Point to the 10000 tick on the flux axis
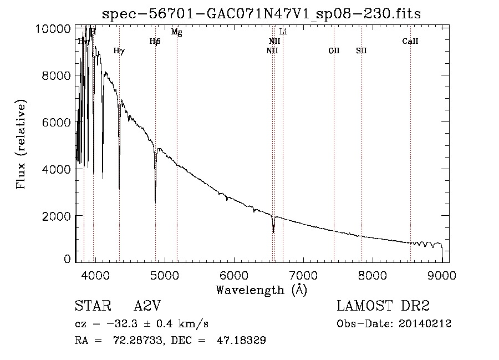56,29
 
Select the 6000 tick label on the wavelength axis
233,275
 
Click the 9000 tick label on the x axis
442,275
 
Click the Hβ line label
155,42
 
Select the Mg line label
177,32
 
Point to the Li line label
283,32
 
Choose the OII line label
334,51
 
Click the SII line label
361,51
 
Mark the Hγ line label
119,51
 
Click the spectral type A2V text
148,306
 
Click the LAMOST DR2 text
383,306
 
